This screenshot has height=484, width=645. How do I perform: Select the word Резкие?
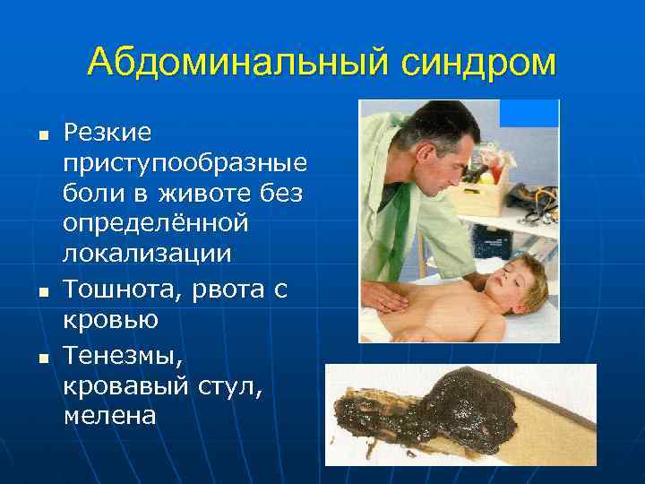[x=107, y=134]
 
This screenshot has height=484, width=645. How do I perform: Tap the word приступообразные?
[x=185, y=164]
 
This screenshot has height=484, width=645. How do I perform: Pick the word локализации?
[x=147, y=253]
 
